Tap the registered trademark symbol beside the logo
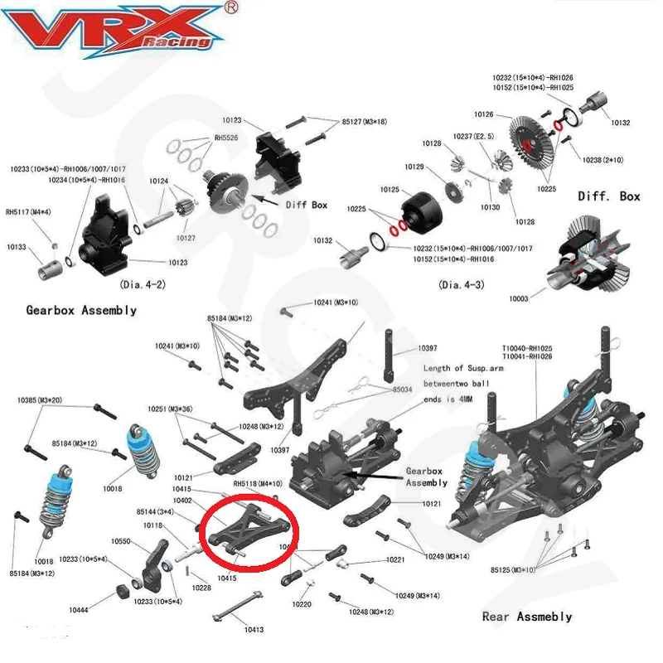(x=232, y=7)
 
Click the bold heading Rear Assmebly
(x=527, y=617)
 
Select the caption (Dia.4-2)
(x=143, y=284)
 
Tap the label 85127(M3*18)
(x=365, y=122)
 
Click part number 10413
(x=254, y=630)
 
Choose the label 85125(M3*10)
(x=514, y=569)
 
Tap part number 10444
(x=79, y=610)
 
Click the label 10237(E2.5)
(x=473, y=135)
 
